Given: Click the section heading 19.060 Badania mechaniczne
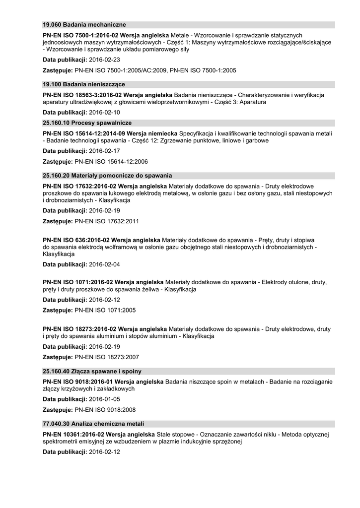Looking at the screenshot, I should coord(84,25).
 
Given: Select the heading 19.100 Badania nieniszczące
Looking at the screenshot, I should coord(84,84).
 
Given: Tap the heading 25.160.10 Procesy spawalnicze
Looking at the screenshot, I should coord(87,123).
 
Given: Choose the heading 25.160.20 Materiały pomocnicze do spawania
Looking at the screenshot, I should coord(107,176).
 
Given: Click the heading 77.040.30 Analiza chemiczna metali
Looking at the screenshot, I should coord(93,424).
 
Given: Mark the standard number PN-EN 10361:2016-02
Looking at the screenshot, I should coord(71,435).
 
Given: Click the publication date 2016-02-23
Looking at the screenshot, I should coord(104,60).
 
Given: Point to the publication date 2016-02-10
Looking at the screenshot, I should coord(104,113).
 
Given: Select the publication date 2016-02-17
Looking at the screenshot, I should coord(104,151).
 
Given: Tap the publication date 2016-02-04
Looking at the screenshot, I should coord(104,264).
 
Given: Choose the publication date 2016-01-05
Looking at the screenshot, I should coord(104,399).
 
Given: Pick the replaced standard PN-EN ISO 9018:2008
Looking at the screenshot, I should coord(105,410).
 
